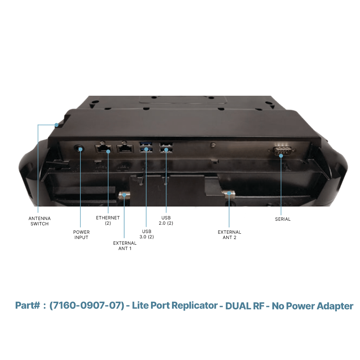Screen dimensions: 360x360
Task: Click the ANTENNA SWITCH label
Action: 39,221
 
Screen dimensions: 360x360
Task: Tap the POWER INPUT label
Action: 81,235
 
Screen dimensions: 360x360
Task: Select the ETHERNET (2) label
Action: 108,220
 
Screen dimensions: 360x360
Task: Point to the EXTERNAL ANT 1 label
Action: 125,246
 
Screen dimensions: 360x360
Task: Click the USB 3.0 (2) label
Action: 146,234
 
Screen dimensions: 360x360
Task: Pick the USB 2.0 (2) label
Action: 166,220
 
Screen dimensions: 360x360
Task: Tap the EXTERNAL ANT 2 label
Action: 229,235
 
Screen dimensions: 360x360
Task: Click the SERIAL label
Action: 283,219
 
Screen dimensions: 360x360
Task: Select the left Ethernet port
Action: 103,149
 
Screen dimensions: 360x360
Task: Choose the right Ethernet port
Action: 125,149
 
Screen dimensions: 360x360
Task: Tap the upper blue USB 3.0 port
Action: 146,144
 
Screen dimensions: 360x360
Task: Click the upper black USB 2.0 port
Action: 166,144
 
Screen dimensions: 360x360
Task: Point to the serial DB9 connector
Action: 282,151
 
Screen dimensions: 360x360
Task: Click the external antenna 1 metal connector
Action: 124,195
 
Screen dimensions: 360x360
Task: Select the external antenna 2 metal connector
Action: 228,194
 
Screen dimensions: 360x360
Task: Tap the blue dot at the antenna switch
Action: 56,125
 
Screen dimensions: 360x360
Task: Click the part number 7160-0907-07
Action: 87,305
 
